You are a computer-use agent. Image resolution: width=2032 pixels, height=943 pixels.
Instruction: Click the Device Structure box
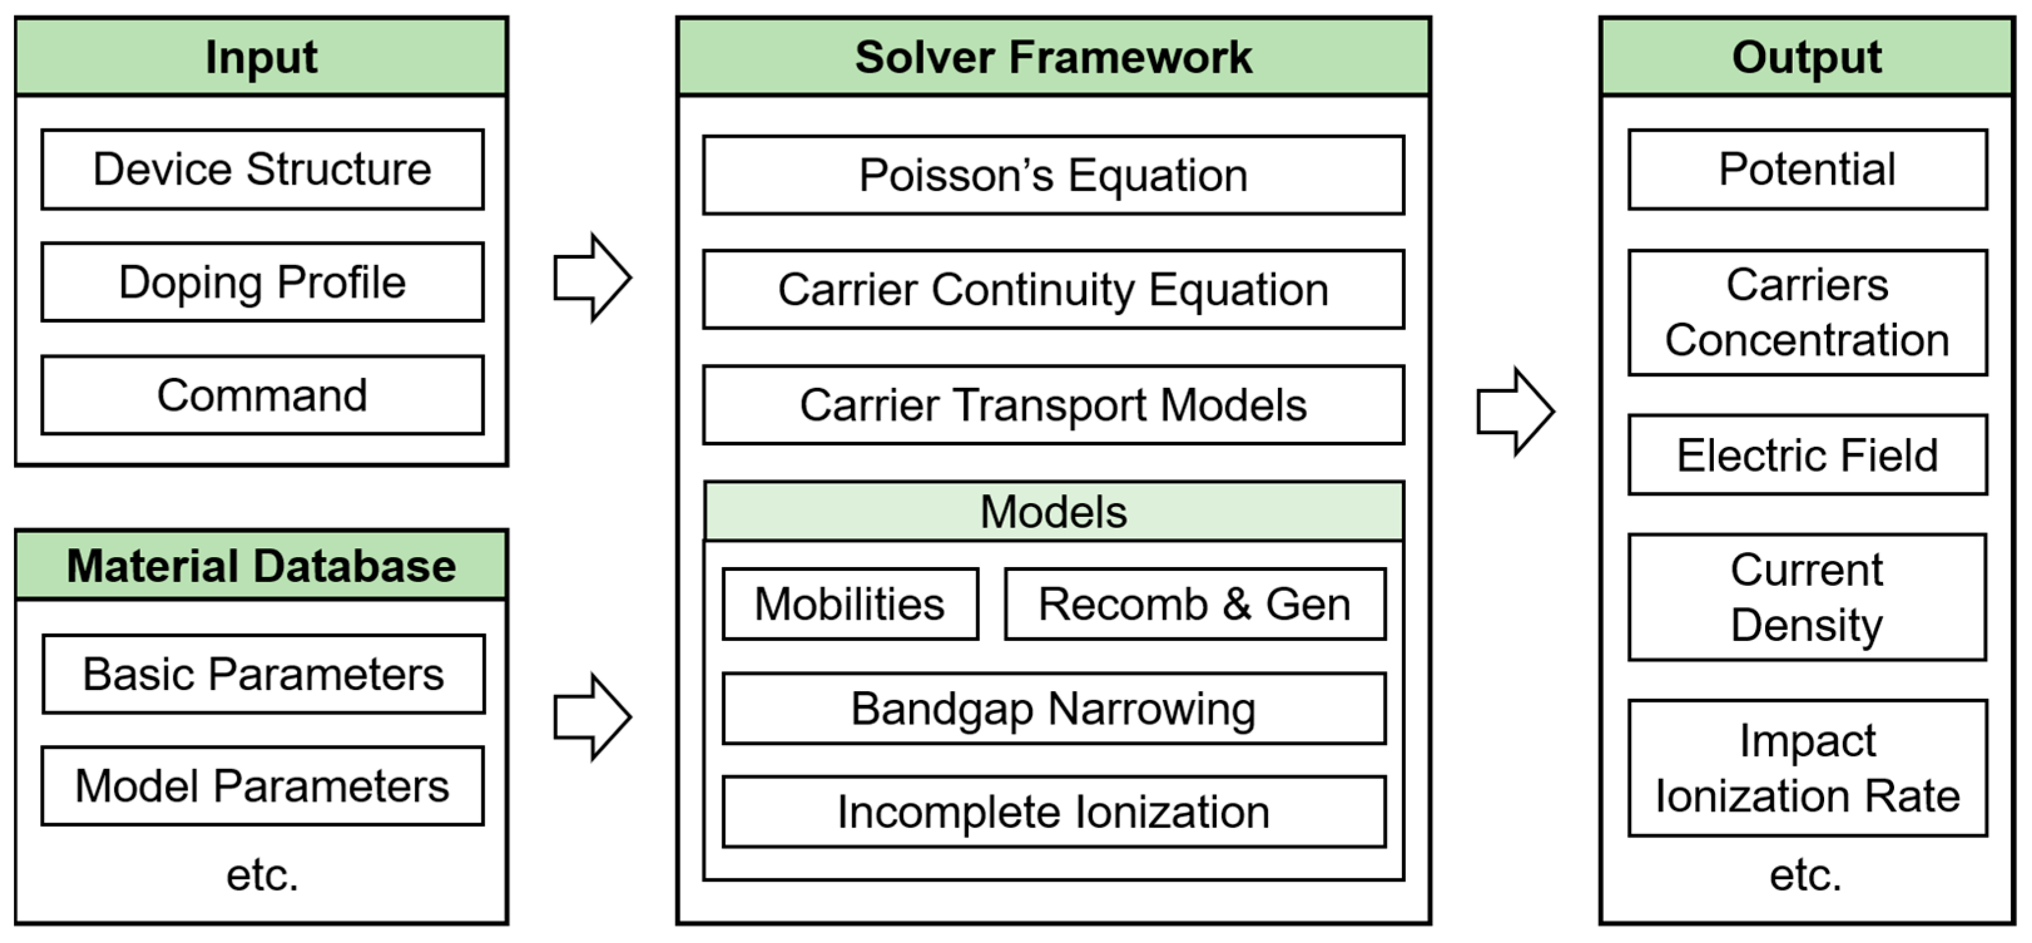click(x=262, y=169)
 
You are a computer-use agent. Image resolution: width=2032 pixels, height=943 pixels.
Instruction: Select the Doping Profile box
click(x=262, y=282)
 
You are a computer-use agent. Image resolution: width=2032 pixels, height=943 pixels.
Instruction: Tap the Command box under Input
click(x=262, y=395)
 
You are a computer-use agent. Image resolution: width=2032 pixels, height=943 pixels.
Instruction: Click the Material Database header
click(x=261, y=566)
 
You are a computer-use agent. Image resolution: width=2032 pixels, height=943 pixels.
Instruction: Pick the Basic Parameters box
click(x=264, y=674)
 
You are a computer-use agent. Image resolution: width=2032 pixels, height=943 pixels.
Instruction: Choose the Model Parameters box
click(x=262, y=786)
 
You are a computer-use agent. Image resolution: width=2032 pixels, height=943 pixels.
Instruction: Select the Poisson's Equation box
click(x=1053, y=175)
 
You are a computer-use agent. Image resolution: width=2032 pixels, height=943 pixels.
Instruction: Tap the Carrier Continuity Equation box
click(x=1053, y=289)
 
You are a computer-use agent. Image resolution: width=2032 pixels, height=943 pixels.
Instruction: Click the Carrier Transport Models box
click(x=1053, y=405)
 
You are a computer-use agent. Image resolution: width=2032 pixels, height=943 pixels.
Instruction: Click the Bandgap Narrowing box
click(x=1053, y=708)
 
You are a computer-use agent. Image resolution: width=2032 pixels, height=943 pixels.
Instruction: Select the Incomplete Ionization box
click(x=1053, y=811)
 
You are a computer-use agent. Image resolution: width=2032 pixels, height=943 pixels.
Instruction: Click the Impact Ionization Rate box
click(x=1807, y=767)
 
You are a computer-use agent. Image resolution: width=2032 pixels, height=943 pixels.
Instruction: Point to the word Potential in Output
click(x=1807, y=169)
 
